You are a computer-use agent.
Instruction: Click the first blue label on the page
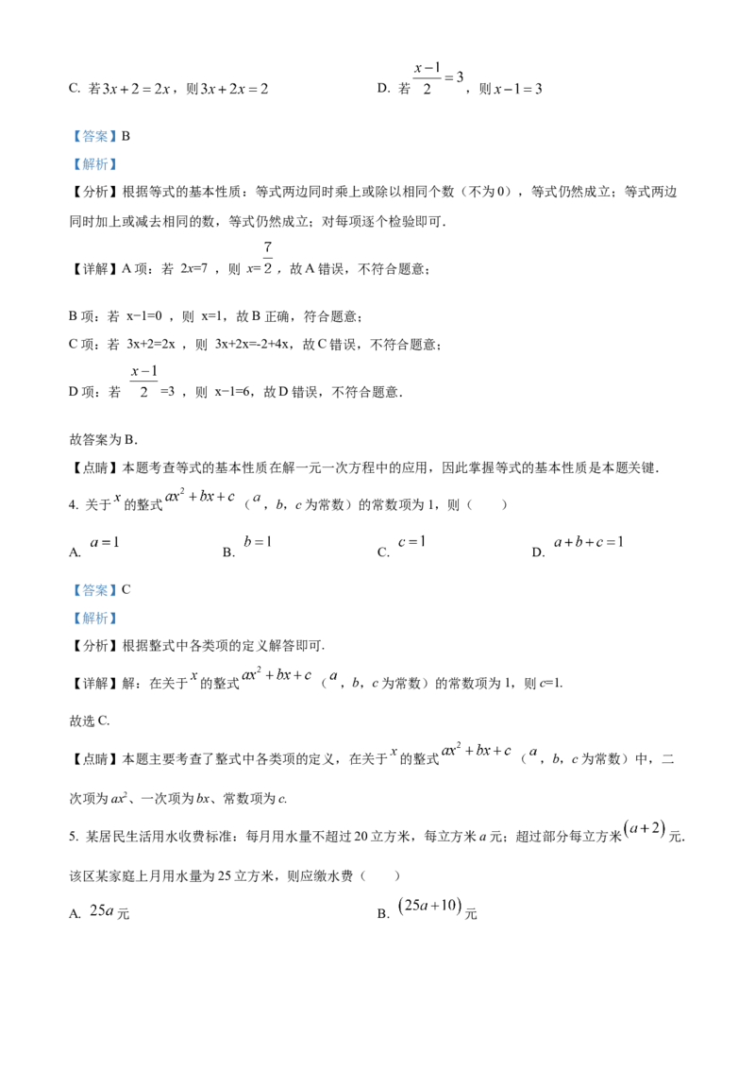(94, 136)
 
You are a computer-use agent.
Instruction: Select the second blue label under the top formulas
(94, 164)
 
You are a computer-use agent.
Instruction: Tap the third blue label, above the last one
(94, 590)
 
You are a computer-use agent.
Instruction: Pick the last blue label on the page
(94, 619)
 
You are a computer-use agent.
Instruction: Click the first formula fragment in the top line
(137, 91)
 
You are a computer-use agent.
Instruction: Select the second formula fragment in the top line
(236, 91)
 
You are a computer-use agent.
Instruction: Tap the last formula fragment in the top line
(517, 91)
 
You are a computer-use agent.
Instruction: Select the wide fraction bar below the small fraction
(143, 382)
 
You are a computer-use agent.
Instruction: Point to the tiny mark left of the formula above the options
(116, 497)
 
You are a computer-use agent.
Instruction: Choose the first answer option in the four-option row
(101, 543)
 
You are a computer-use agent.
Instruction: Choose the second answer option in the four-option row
(256, 543)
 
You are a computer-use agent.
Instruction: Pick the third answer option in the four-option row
(415, 543)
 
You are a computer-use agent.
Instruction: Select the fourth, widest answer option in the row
(589, 543)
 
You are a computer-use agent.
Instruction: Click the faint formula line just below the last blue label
(269, 675)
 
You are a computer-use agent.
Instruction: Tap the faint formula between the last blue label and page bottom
(462, 752)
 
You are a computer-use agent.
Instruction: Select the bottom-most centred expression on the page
(430, 906)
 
